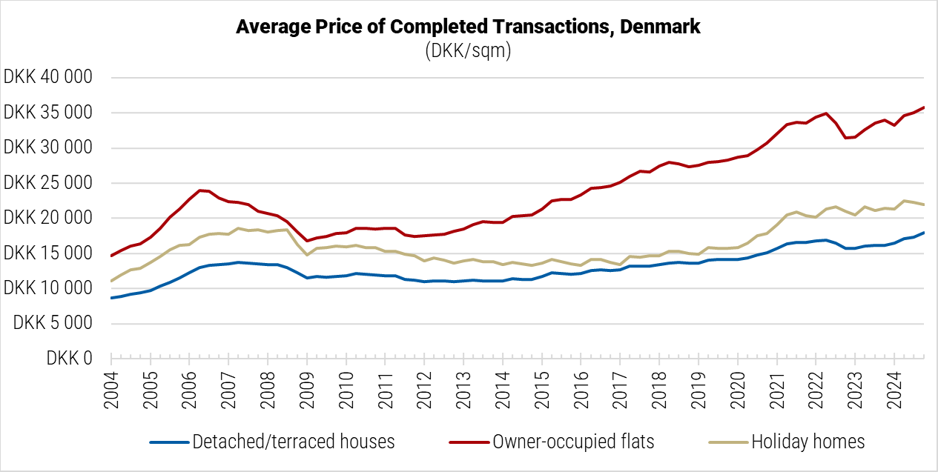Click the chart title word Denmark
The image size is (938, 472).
point(661,27)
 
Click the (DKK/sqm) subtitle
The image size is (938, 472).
point(468,51)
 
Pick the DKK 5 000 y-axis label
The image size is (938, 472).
point(53,323)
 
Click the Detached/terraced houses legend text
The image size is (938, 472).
point(294,442)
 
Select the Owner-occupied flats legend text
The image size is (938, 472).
point(573,442)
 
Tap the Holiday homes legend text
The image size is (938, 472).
point(808,442)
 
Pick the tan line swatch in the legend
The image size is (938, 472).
point(727,442)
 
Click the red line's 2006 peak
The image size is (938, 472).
point(200,190)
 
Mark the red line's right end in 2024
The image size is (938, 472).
point(924,107)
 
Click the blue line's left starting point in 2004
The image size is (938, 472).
point(111,298)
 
